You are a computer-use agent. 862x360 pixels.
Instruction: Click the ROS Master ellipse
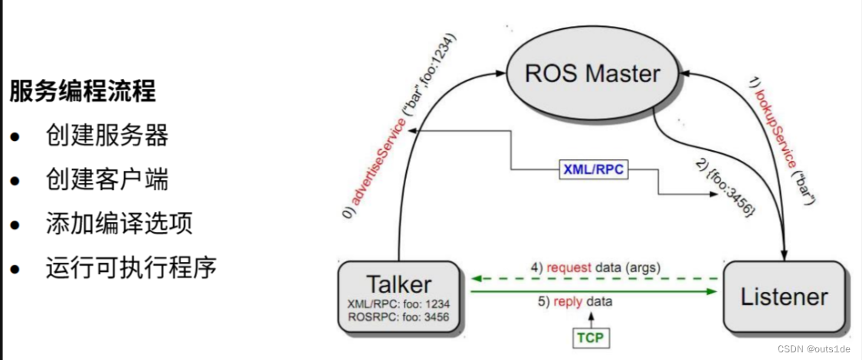coord(592,74)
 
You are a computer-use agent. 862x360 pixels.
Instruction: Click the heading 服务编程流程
coord(83,92)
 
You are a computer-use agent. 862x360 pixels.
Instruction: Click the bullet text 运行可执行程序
coord(131,268)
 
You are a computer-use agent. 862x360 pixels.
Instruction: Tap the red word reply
coord(569,303)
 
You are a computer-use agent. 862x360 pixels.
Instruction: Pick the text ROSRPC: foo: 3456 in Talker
coord(398,316)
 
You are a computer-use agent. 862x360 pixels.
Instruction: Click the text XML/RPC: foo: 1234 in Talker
coord(398,304)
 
